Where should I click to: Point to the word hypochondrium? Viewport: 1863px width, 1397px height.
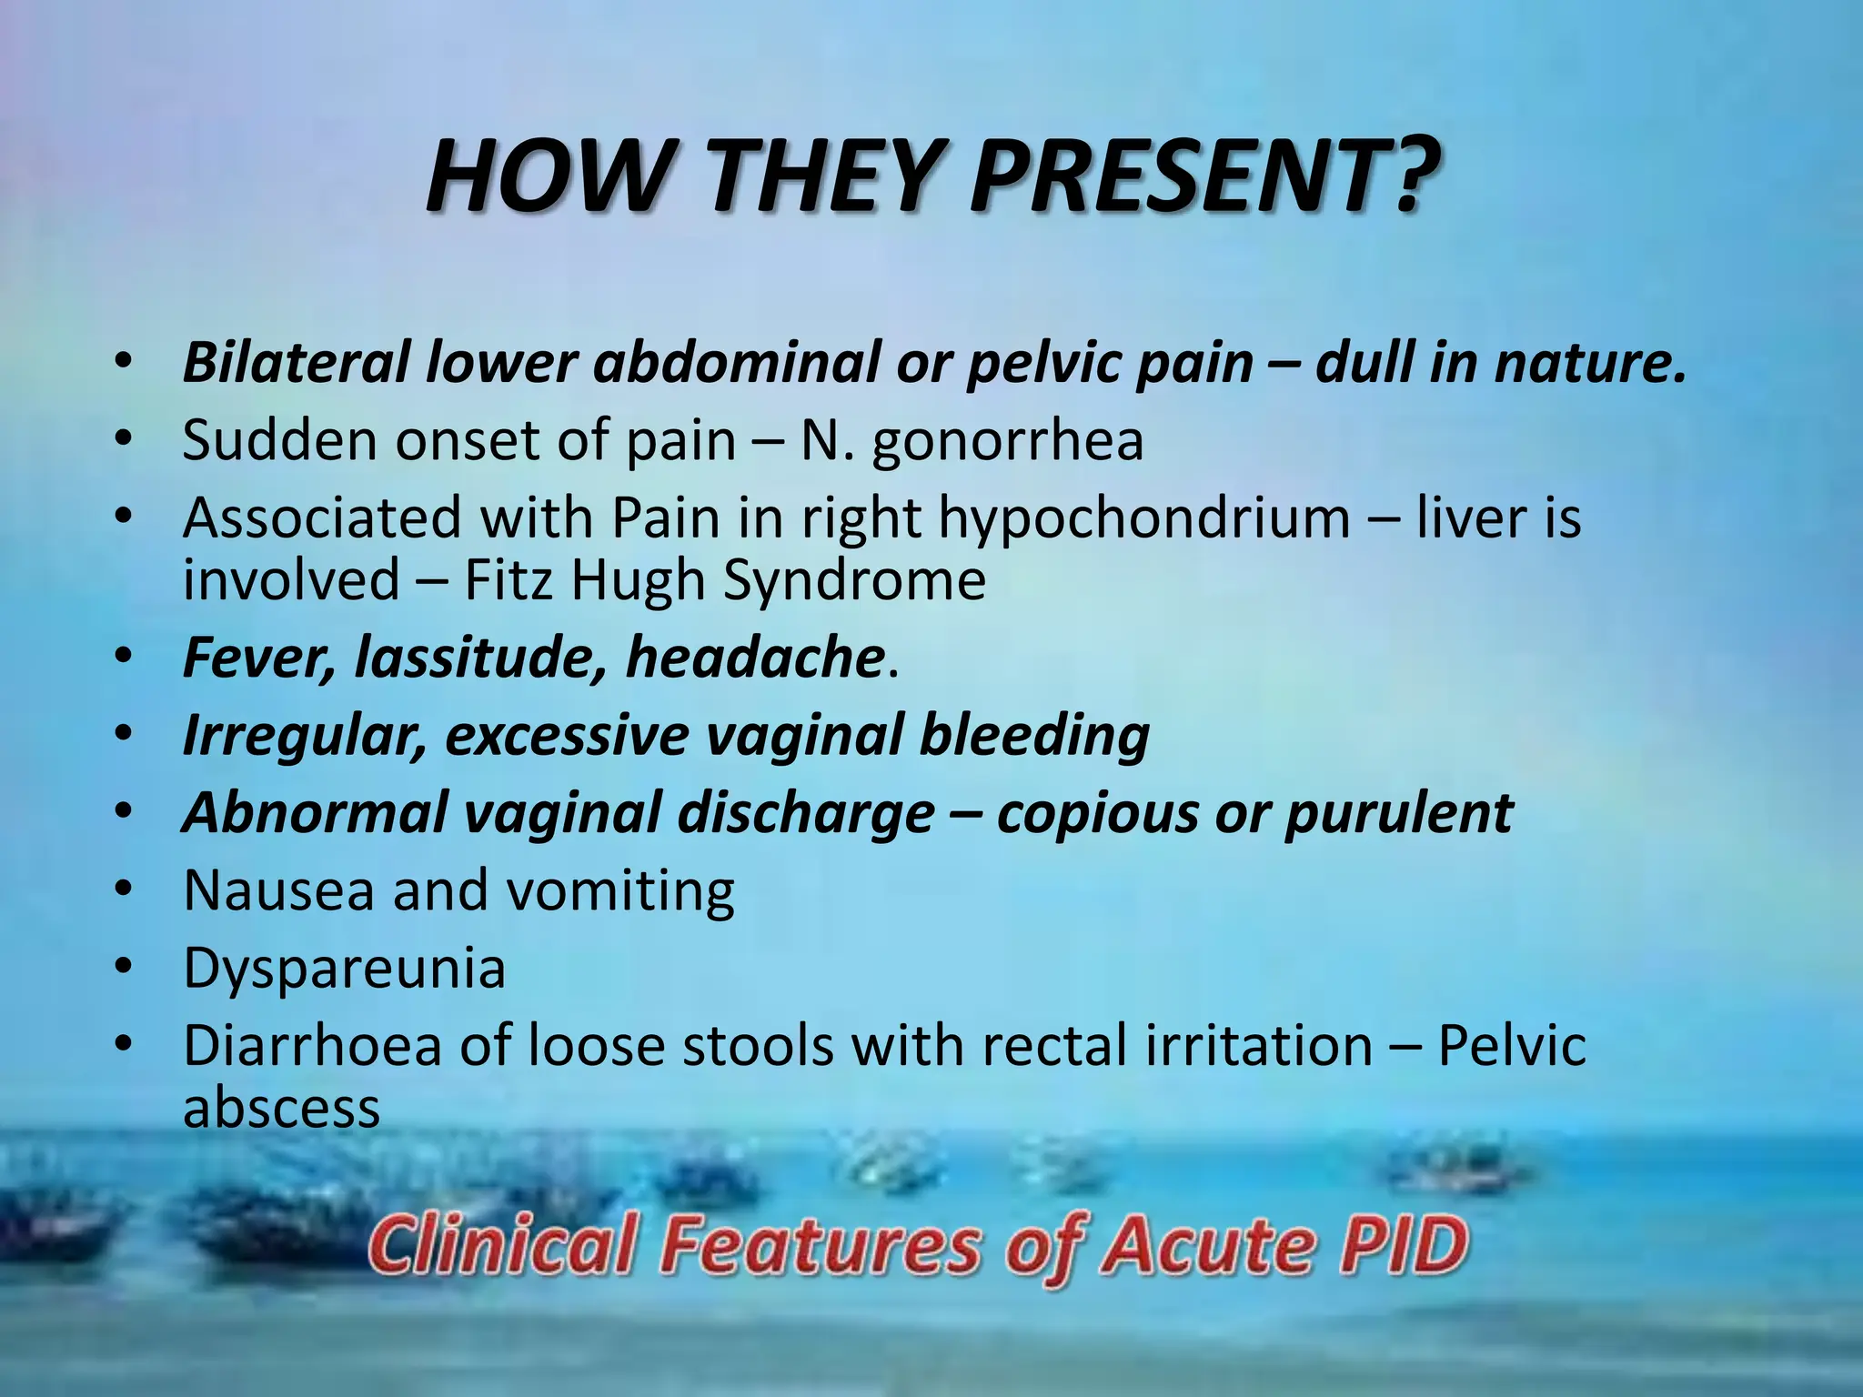tap(1143, 520)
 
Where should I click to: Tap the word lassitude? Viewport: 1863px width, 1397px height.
tap(481, 658)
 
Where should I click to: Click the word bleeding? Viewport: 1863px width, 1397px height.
tap(1034, 735)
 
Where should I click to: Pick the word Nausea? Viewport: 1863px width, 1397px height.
tap(278, 890)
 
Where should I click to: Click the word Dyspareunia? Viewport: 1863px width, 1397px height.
tap(344, 968)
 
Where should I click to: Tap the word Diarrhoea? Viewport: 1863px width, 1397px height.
tap(312, 1045)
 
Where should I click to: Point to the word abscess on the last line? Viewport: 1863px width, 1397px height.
tap(281, 1109)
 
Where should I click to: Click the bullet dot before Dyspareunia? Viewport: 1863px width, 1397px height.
tap(125, 970)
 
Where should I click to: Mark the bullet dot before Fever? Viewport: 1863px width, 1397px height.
tap(125, 658)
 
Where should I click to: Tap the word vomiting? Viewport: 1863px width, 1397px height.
tap(620, 890)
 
